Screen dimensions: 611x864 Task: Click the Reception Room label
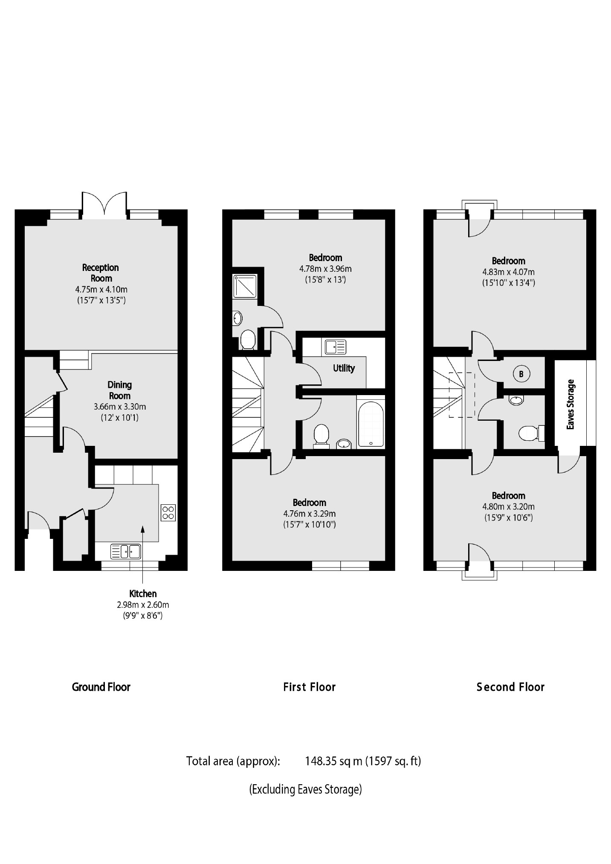(x=101, y=273)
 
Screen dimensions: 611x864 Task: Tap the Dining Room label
(x=119, y=390)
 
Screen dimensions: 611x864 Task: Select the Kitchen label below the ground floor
(x=143, y=593)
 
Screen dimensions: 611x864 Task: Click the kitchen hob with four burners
(x=168, y=512)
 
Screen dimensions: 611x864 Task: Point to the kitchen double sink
(x=126, y=551)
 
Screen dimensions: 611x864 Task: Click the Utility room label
(x=344, y=368)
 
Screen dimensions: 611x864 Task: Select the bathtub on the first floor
(x=371, y=424)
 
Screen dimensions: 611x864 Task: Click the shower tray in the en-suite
(x=245, y=285)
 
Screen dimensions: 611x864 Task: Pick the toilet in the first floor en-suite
(x=248, y=340)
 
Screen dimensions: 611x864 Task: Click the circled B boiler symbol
(x=521, y=374)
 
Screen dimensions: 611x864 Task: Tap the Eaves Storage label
(x=570, y=404)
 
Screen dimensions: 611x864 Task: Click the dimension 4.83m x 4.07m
(x=508, y=272)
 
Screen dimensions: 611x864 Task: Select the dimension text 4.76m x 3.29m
(x=310, y=514)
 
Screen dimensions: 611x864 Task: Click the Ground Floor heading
(x=101, y=687)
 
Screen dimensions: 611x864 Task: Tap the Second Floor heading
(x=510, y=687)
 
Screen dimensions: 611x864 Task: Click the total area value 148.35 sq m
(x=333, y=761)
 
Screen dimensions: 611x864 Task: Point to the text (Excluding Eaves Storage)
(x=305, y=789)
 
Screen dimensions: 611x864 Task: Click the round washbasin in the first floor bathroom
(x=343, y=444)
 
